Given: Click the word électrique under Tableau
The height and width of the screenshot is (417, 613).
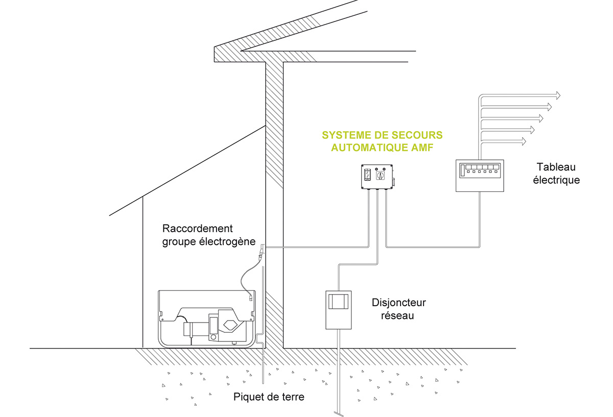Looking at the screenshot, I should (x=556, y=180).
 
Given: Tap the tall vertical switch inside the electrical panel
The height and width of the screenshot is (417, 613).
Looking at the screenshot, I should (x=462, y=169).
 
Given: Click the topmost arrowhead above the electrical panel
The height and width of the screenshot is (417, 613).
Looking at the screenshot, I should (x=557, y=95).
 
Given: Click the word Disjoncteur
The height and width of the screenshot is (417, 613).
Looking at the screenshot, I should (x=399, y=303).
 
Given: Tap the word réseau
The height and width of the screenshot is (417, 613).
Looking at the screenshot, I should (x=399, y=315).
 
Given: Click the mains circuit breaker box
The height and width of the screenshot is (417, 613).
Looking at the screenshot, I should (x=338, y=309).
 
